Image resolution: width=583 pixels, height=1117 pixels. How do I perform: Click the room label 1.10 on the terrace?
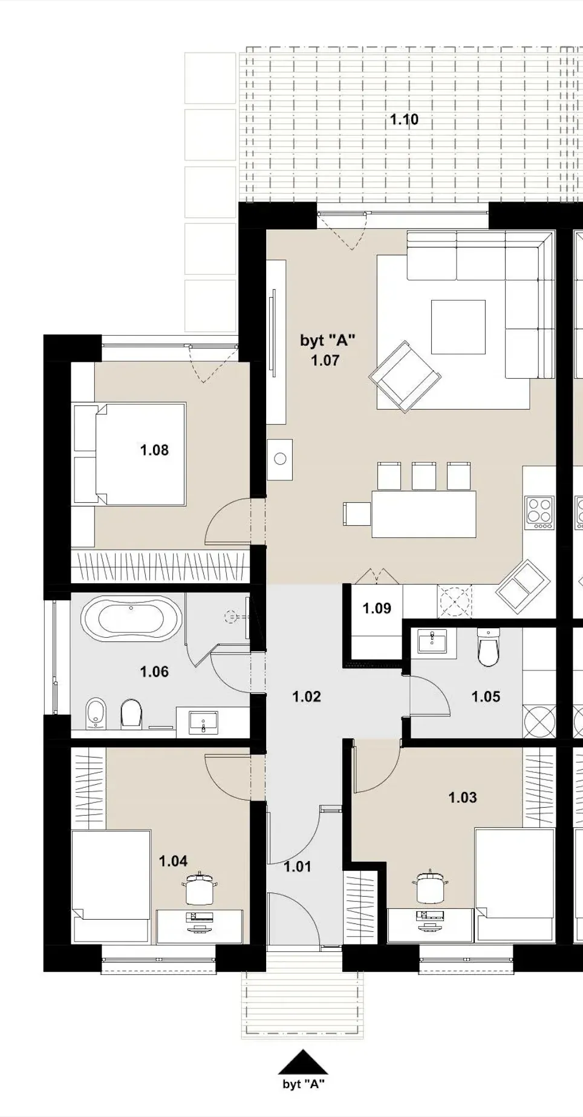tap(404, 120)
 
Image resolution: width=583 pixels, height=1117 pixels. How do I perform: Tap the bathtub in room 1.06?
tap(131, 618)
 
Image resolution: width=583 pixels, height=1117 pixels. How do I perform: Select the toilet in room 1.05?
tap(488, 646)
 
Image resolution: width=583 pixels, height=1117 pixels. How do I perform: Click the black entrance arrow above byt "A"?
tap(302, 1061)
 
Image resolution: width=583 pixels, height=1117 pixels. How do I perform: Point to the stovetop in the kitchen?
tap(540, 513)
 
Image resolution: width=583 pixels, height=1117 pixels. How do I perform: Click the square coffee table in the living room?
tap(458, 327)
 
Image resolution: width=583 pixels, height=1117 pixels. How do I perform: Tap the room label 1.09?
tap(377, 608)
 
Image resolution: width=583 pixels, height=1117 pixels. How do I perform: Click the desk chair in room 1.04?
tap(200, 889)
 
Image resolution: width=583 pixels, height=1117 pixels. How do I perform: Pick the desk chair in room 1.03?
tap(431, 886)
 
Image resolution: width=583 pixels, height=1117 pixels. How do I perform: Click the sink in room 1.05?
tap(432, 641)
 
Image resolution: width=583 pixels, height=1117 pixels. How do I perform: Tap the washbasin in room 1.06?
tap(203, 722)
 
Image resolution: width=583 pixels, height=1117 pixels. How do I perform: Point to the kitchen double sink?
tap(523, 586)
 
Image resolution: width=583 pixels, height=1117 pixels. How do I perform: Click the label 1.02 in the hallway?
tap(307, 696)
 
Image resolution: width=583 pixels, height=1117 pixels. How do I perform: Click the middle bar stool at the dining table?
tap(423, 476)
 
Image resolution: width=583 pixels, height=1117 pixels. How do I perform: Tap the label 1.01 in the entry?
tap(298, 866)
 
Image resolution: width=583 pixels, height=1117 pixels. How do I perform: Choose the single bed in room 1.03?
tap(515, 884)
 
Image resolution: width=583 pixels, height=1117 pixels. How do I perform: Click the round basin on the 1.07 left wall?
tap(279, 459)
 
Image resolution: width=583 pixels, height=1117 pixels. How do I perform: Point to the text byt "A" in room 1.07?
tap(327, 340)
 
